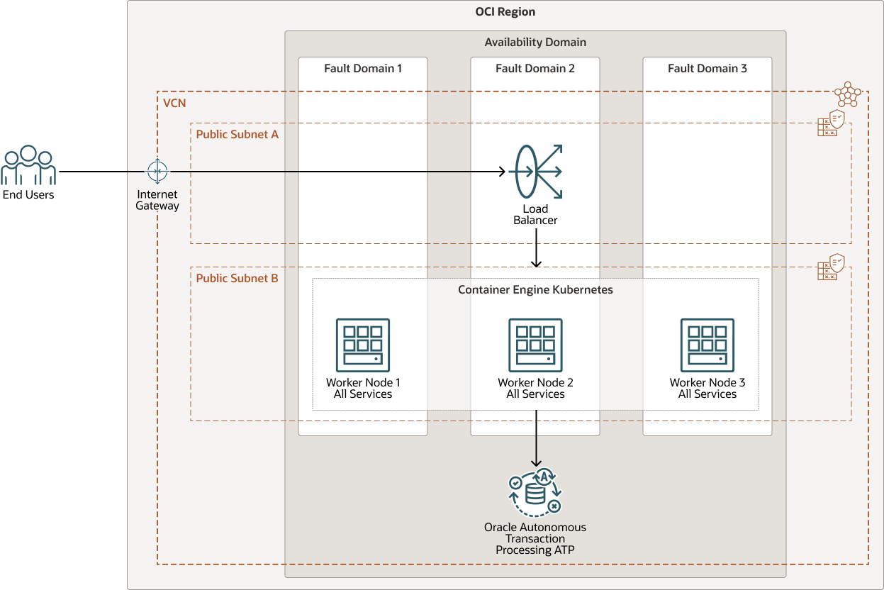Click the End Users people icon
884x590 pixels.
coord(28,166)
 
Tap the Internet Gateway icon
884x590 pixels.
coord(157,172)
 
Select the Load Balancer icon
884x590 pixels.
coord(535,171)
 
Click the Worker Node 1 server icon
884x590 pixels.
coord(362,345)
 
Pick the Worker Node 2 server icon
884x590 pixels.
coord(535,345)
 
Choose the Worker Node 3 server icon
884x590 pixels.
coord(707,345)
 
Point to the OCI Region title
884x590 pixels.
coord(505,12)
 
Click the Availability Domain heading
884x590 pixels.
coord(535,43)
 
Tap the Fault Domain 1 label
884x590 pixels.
coord(363,69)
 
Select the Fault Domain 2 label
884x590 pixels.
coord(535,69)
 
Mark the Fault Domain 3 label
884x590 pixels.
coord(707,69)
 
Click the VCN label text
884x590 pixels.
coord(174,104)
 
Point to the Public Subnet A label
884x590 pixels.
coord(237,134)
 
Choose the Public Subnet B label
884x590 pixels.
coord(237,278)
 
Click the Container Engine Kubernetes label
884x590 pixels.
coord(535,290)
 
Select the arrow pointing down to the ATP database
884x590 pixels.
coord(536,436)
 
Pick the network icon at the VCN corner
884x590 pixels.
coord(848,94)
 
